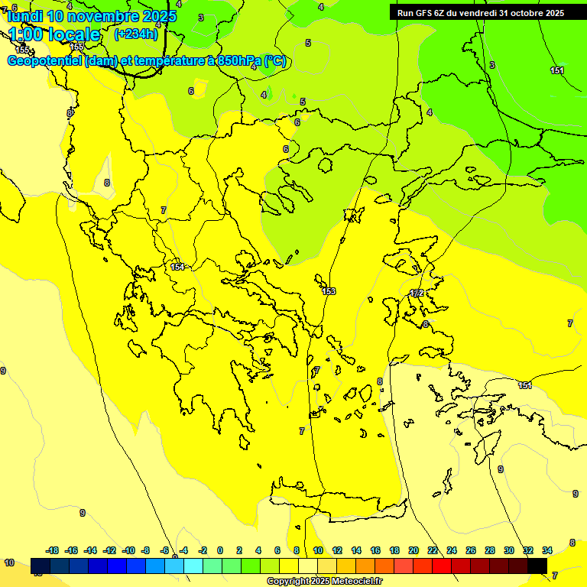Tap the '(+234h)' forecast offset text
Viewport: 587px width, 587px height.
pyautogui.click(x=135, y=34)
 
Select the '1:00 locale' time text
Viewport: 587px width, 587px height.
pyautogui.click(x=54, y=34)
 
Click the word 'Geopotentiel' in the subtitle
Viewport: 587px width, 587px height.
pyautogui.click(x=45, y=61)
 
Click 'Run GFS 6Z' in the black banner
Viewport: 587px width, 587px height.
pyautogui.click(x=421, y=12)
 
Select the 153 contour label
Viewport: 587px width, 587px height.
pyautogui.click(x=329, y=291)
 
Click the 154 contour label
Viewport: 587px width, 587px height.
pyautogui.click(x=178, y=267)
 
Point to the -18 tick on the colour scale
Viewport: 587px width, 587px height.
pyautogui.click(x=52, y=550)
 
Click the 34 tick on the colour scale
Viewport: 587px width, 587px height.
pyautogui.click(x=547, y=550)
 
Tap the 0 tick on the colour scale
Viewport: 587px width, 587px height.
pyautogui.click(x=220, y=550)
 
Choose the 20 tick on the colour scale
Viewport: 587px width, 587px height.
pyautogui.click(x=413, y=550)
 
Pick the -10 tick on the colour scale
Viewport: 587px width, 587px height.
pyautogui.click(x=128, y=550)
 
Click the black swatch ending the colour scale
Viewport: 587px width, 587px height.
pyautogui.click(x=537, y=566)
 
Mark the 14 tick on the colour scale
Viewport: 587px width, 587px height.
pyautogui.click(x=356, y=550)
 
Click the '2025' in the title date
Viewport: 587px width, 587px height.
pyautogui.click(x=156, y=16)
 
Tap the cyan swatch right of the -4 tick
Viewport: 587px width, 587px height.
pyautogui.click(x=193, y=566)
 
